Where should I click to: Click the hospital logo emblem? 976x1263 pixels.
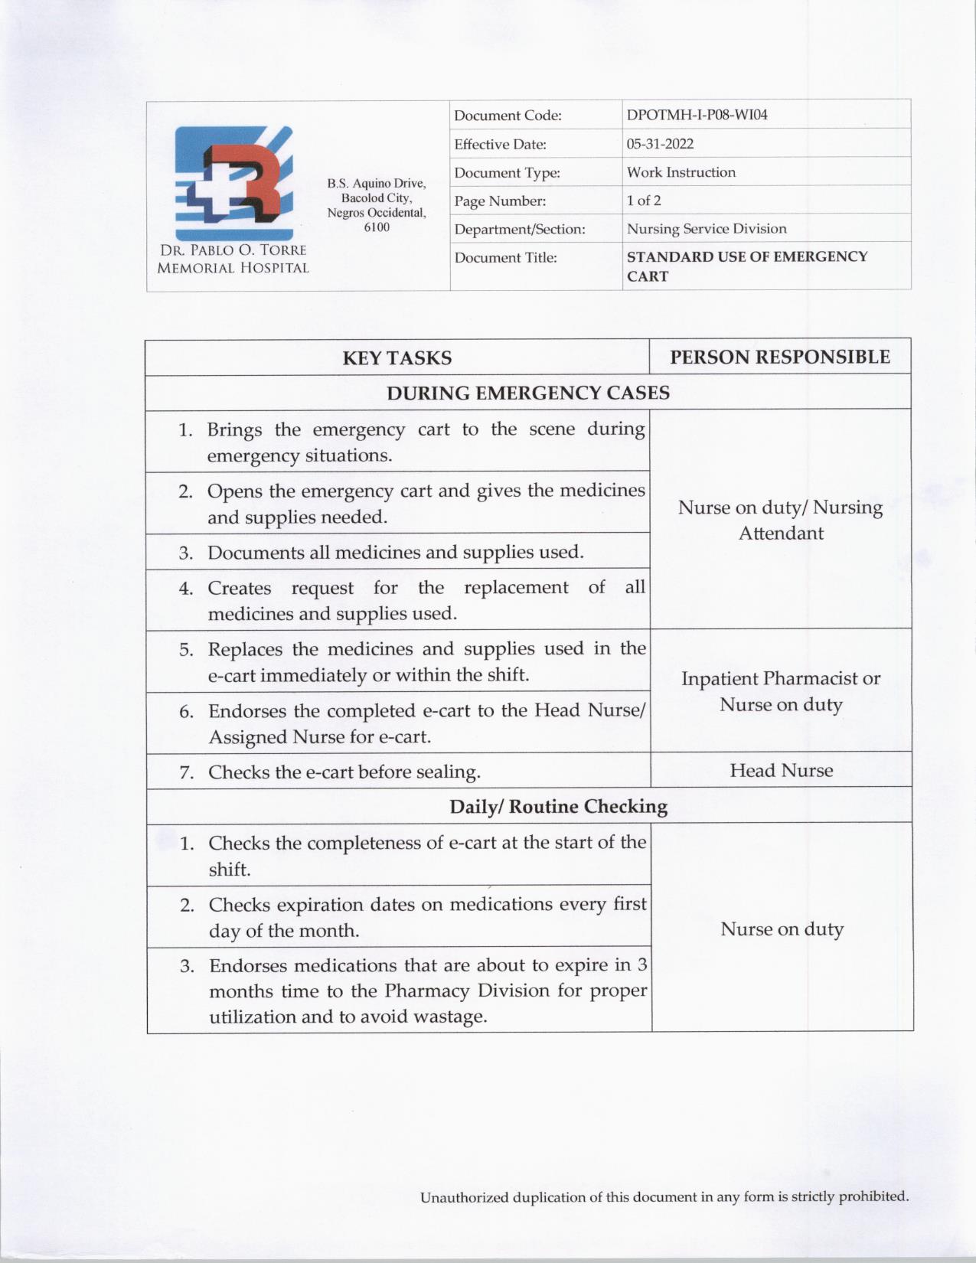click(x=233, y=184)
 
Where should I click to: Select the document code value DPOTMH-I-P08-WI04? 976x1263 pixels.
click(x=697, y=115)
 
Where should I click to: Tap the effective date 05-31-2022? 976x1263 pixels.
click(x=660, y=144)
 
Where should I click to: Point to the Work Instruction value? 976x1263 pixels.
click(x=681, y=172)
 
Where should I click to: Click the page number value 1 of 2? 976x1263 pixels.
click(x=644, y=201)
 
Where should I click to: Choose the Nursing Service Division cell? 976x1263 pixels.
click(x=706, y=229)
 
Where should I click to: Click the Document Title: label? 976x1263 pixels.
click(x=505, y=258)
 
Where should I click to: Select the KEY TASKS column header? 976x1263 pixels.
click(x=397, y=358)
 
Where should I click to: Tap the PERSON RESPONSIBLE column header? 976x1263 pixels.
click(x=780, y=357)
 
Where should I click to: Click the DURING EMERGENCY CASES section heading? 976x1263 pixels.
click(x=527, y=393)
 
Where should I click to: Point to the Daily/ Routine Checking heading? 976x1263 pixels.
click(x=558, y=807)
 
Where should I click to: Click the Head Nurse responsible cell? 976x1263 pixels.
click(x=781, y=771)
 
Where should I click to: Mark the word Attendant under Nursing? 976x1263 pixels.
click(x=781, y=534)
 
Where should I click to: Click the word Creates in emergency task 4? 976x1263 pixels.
click(x=240, y=588)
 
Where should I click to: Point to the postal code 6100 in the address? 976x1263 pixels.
click(x=377, y=227)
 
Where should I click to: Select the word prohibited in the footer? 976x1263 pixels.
click(x=873, y=1196)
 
